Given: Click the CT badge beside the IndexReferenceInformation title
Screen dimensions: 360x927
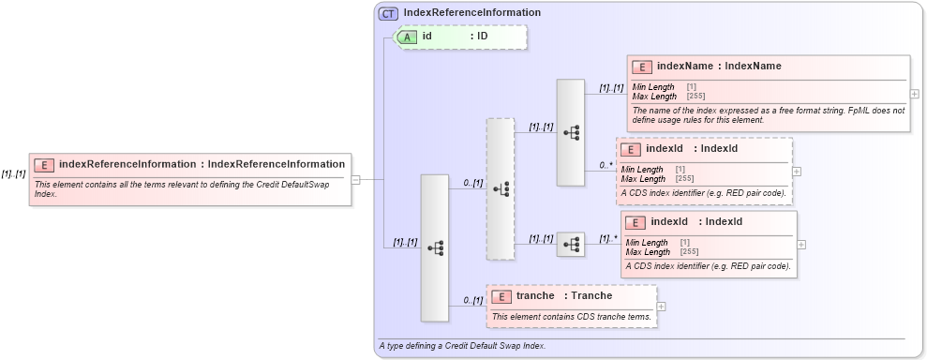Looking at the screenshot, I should (387, 14).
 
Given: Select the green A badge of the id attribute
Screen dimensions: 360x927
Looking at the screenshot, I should (408, 37).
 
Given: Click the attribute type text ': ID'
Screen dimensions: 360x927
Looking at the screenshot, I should (479, 37).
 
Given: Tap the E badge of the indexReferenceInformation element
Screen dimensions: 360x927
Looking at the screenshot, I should (43, 165).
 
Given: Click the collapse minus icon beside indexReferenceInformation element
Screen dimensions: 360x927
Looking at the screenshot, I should (356, 179).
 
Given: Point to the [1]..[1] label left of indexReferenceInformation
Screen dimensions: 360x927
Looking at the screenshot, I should (13, 173).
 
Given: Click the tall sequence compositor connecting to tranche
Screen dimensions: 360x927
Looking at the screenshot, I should (435, 247).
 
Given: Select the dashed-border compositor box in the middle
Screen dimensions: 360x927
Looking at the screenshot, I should (501, 188).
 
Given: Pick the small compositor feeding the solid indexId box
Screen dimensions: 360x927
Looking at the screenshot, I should (571, 245).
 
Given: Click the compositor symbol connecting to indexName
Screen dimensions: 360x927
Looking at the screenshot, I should (571, 132).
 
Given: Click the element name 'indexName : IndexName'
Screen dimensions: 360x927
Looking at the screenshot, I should (719, 67).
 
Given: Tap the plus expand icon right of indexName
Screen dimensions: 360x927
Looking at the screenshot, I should (915, 94).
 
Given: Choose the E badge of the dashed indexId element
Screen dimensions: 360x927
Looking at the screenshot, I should (630, 149).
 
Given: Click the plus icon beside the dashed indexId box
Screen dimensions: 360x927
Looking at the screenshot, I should (797, 172).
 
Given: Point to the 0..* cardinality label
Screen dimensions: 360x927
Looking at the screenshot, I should (606, 165).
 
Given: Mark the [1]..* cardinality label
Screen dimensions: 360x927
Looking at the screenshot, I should (609, 238).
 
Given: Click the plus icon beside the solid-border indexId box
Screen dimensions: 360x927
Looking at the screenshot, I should (801, 244).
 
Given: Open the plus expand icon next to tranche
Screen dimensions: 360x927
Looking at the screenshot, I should (662, 306).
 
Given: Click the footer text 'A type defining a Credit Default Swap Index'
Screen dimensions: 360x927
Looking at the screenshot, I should (462, 346).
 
